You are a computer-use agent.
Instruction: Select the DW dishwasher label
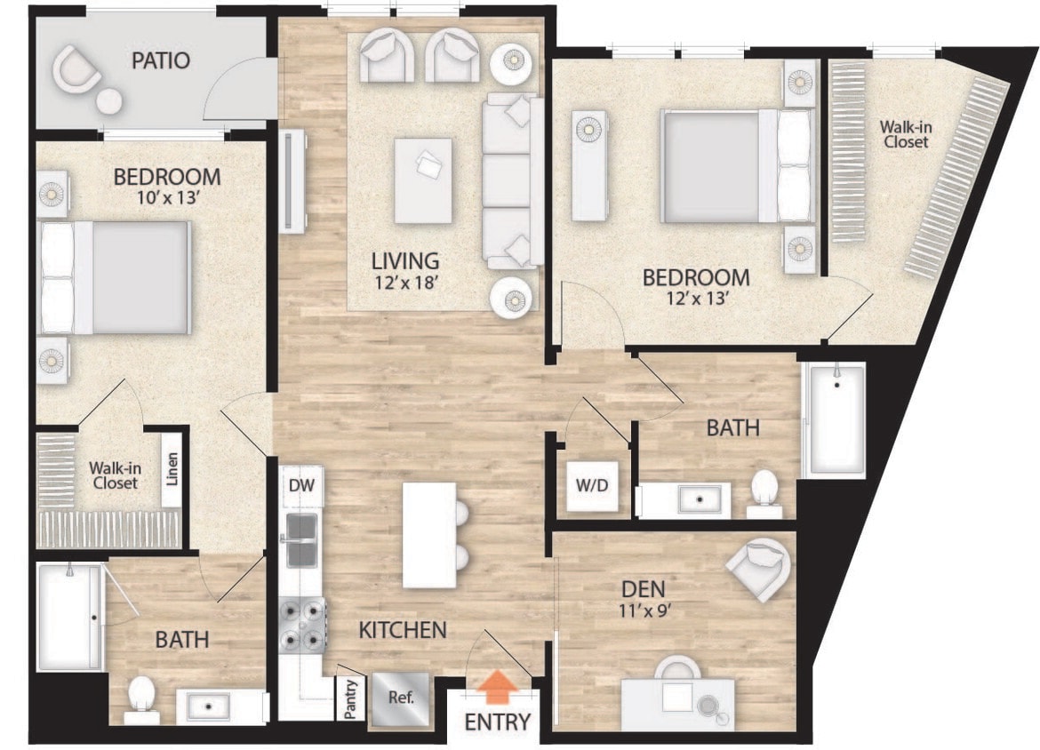point(300,485)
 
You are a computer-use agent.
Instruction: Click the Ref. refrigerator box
point(398,695)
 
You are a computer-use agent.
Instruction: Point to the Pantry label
point(349,698)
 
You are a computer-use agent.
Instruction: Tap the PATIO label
point(160,60)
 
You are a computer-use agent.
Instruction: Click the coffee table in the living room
point(423,180)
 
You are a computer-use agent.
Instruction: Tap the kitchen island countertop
point(428,535)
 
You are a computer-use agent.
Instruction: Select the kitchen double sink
point(302,540)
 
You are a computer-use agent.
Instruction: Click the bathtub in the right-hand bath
point(833,419)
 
